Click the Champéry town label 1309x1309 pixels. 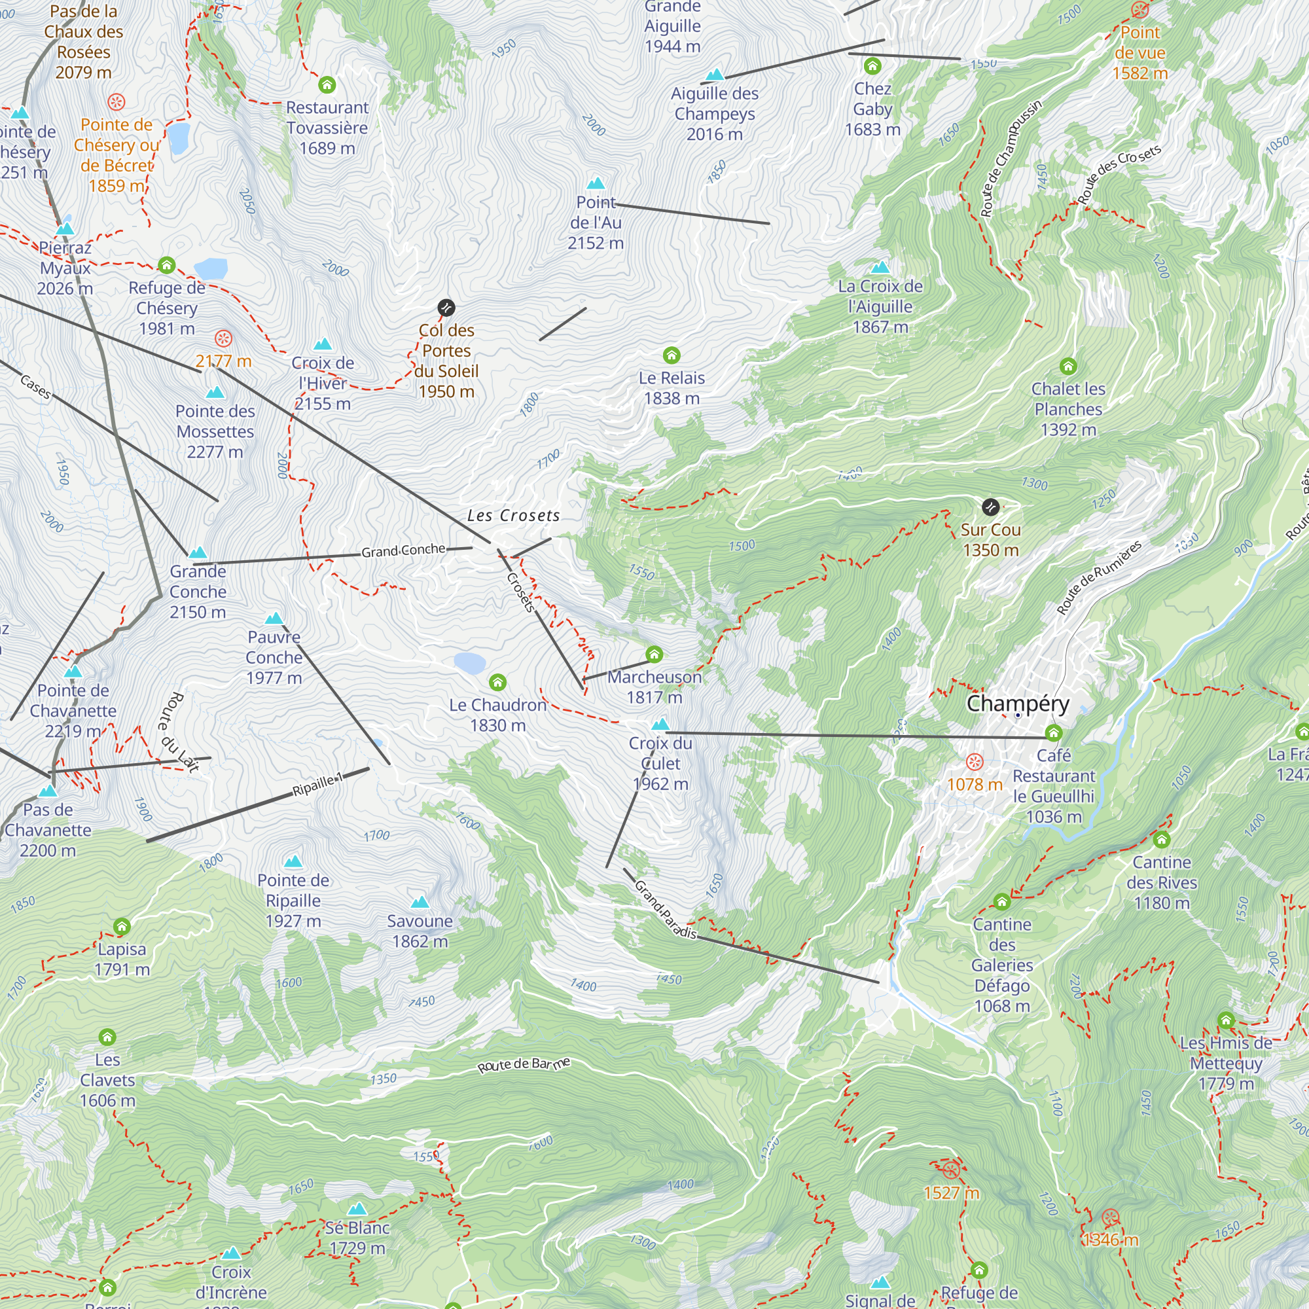pos(1018,704)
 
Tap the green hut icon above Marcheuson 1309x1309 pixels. pos(654,654)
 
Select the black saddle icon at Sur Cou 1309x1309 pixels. pos(990,507)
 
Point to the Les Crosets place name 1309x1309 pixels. pos(514,516)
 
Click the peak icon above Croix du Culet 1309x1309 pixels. pos(660,725)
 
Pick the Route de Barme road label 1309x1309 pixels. pos(524,1064)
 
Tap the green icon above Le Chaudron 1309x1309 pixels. pos(497,682)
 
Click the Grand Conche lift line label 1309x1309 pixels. pos(403,551)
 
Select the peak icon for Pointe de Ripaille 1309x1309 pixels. pos(293,862)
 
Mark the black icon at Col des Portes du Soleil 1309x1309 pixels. pos(446,308)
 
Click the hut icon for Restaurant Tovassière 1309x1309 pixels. pos(327,85)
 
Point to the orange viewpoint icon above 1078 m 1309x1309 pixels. pos(975,762)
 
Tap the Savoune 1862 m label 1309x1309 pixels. pos(420,931)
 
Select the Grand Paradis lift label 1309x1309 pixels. pos(666,909)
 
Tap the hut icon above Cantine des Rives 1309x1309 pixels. pos(1161,840)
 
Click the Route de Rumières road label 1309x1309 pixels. pos(1099,577)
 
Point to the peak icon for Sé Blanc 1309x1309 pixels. pos(357,1209)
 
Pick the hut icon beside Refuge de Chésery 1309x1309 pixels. pos(167,266)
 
